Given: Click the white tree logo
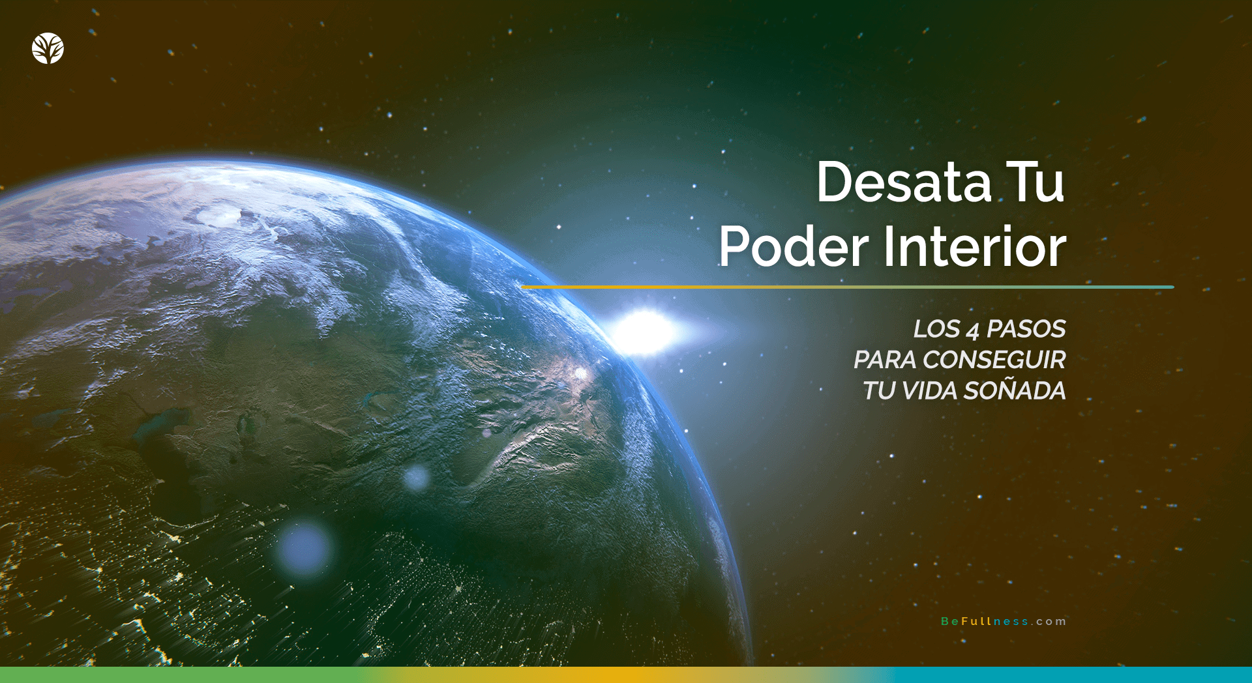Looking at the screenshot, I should (x=48, y=48).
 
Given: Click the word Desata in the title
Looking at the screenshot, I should (x=903, y=182).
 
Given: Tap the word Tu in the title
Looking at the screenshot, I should (x=1035, y=182).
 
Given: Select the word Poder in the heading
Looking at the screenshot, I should (x=794, y=248).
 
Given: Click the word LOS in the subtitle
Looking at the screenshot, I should (x=936, y=329).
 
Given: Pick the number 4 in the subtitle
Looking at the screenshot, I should (x=973, y=331).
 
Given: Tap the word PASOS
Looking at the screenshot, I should (x=1026, y=329).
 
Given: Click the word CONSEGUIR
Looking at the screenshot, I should (x=994, y=360).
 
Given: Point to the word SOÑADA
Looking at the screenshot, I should (x=1015, y=390).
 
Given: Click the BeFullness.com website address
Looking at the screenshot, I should (x=1003, y=622).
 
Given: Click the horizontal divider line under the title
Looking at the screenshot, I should (x=848, y=287).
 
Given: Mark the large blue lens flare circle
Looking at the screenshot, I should (x=303, y=548).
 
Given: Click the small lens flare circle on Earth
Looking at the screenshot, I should (x=416, y=478).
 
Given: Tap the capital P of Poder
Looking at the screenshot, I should (x=735, y=248).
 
